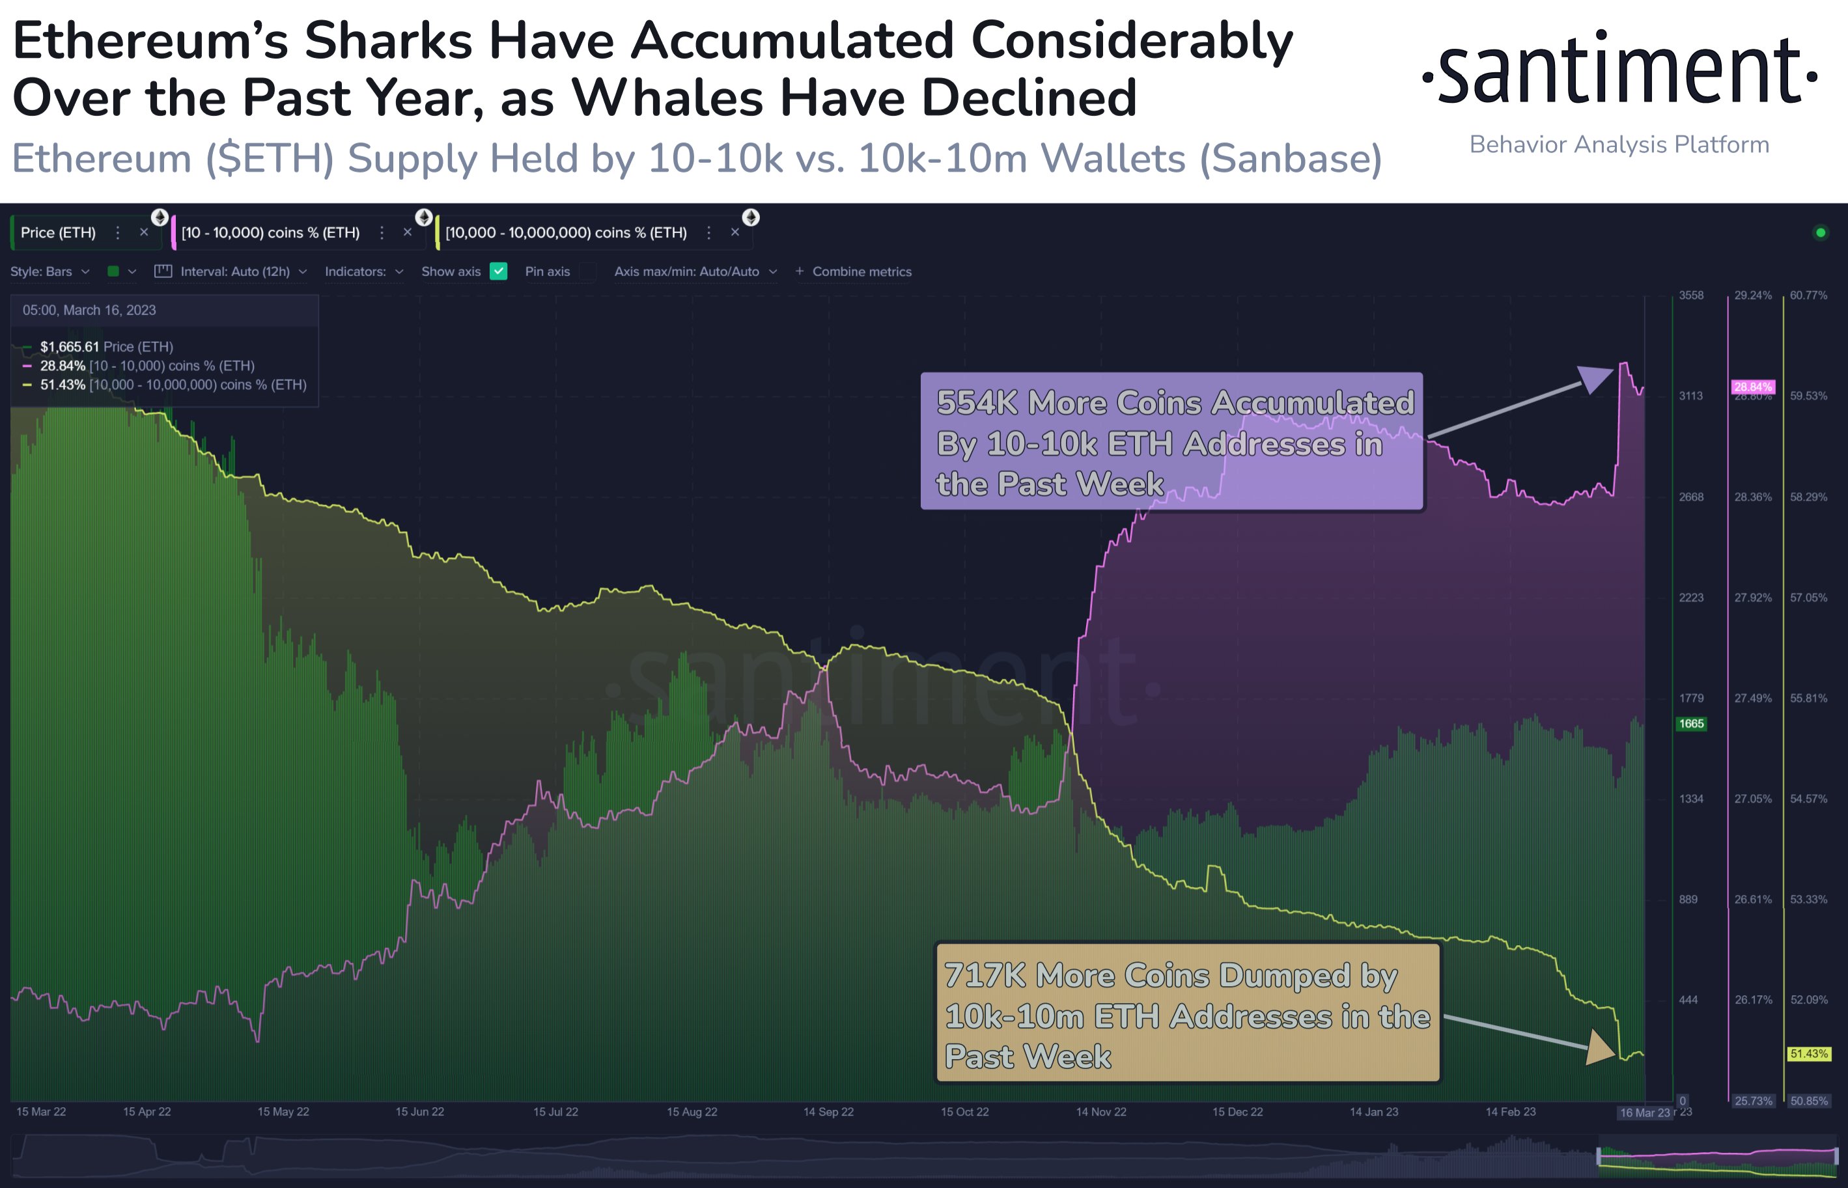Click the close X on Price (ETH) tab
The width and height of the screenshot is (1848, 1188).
(x=143, y=232)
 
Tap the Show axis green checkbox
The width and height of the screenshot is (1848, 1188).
(x=498, y=271)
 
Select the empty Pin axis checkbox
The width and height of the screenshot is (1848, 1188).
(x=588, y=271)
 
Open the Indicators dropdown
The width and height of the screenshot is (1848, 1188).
(x=363, y=271)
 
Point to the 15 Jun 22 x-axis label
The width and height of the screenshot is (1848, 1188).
(x=420, y=1112)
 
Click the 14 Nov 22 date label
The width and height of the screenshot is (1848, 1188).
(x=1101, y=1112)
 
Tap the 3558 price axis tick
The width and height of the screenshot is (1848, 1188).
(x=1690, y=296)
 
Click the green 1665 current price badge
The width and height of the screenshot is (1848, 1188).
(x=1690, y=724)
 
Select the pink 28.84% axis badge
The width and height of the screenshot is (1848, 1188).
(x=1752, y=387)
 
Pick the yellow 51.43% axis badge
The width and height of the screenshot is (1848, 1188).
(x=1809, y=1054)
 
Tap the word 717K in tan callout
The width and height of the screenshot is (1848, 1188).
(x=985, y=975)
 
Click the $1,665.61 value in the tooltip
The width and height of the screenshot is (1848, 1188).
(x=70, y=347)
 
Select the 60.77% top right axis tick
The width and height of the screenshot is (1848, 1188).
(x=1808, y=296)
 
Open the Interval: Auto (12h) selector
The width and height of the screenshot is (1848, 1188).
(x=234, y=271)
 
